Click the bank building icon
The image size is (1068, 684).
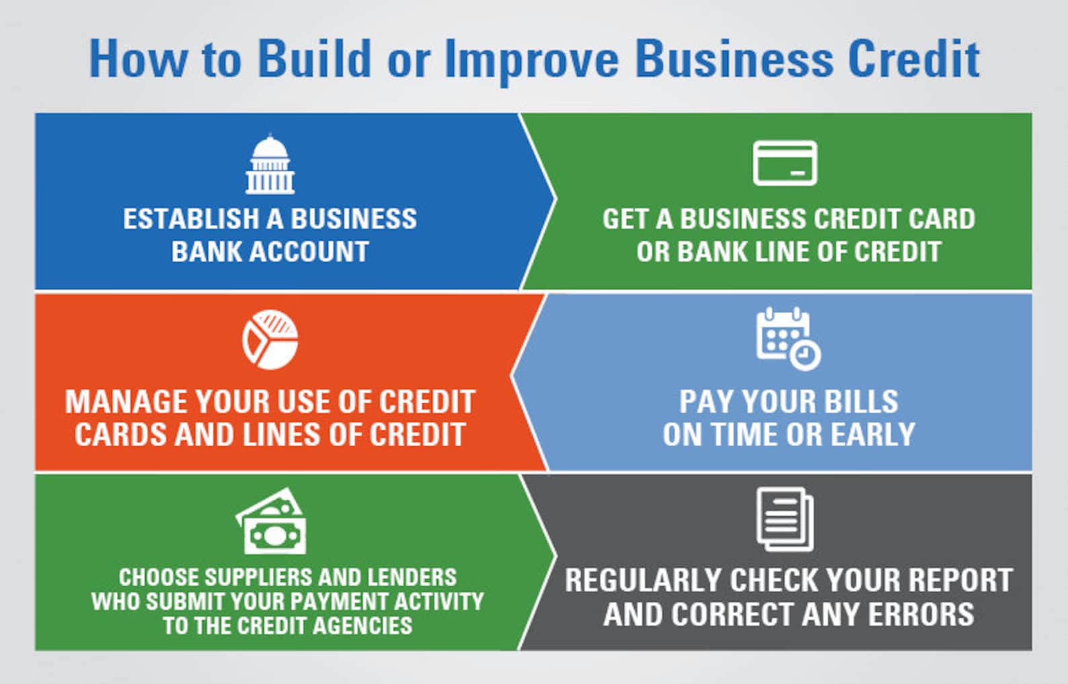pos(270,165)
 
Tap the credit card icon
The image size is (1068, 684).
pos(785,163)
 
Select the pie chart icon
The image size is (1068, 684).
pos(270,339)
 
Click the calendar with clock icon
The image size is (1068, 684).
pos(788,339)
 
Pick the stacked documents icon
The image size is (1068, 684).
pos(785,519)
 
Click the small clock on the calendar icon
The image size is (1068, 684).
pos(804,354)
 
